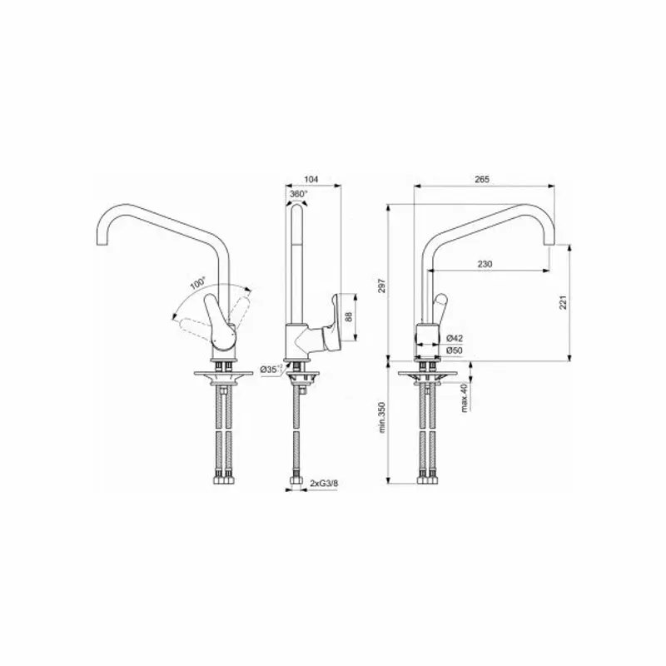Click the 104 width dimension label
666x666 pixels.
click(x=311, y=179)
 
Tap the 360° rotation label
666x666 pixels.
click(x=298, y=194)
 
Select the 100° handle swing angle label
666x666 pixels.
click(x=198, y=283)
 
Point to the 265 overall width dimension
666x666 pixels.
click(x=482, y=179)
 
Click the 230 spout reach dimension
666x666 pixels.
click(x=485, y=264)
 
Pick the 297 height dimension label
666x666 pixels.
click(x=381, y=286)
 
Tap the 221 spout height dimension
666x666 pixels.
click(x=563, y=302)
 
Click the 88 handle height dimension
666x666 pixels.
click(x=349, y=317)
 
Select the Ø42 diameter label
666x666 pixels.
click(x=455, y=339)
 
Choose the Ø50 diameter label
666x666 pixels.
click(x=455, y=350)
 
